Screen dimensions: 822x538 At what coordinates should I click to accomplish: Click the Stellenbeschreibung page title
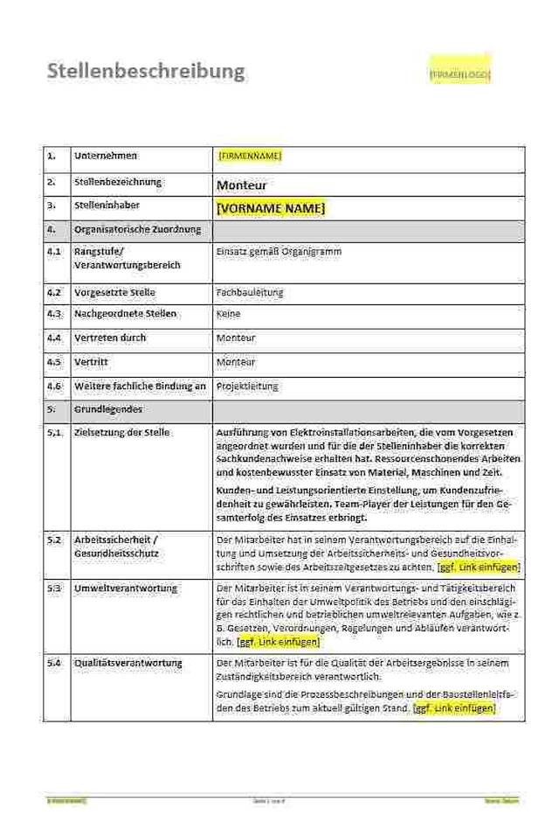click(145, 71)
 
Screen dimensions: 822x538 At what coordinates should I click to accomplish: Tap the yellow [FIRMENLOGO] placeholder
click(459, 75)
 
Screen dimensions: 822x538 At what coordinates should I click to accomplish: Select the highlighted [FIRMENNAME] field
click(249, 156)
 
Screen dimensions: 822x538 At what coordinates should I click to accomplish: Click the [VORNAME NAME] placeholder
click(270, 208)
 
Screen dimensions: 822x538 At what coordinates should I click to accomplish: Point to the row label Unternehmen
click(106, 156)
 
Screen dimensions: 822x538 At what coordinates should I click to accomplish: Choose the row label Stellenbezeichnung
click(118, 182)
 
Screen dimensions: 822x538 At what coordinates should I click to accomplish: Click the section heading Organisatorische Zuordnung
click(137, 229)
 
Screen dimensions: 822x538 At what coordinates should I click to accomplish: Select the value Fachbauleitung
click(249, 292)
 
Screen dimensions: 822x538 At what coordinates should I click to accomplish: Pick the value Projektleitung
click(246, 386)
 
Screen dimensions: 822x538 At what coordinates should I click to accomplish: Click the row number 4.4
click(54, 338)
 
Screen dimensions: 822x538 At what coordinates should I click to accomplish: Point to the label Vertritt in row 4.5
click(92, 361)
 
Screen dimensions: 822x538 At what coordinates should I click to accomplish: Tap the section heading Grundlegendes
click(108, 409)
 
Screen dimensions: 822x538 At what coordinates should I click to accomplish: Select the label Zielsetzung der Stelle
click(121, 433)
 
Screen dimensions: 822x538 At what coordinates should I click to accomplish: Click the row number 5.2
click(54, 540)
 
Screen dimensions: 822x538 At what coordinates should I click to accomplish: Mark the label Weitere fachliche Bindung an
click(140, 386)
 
